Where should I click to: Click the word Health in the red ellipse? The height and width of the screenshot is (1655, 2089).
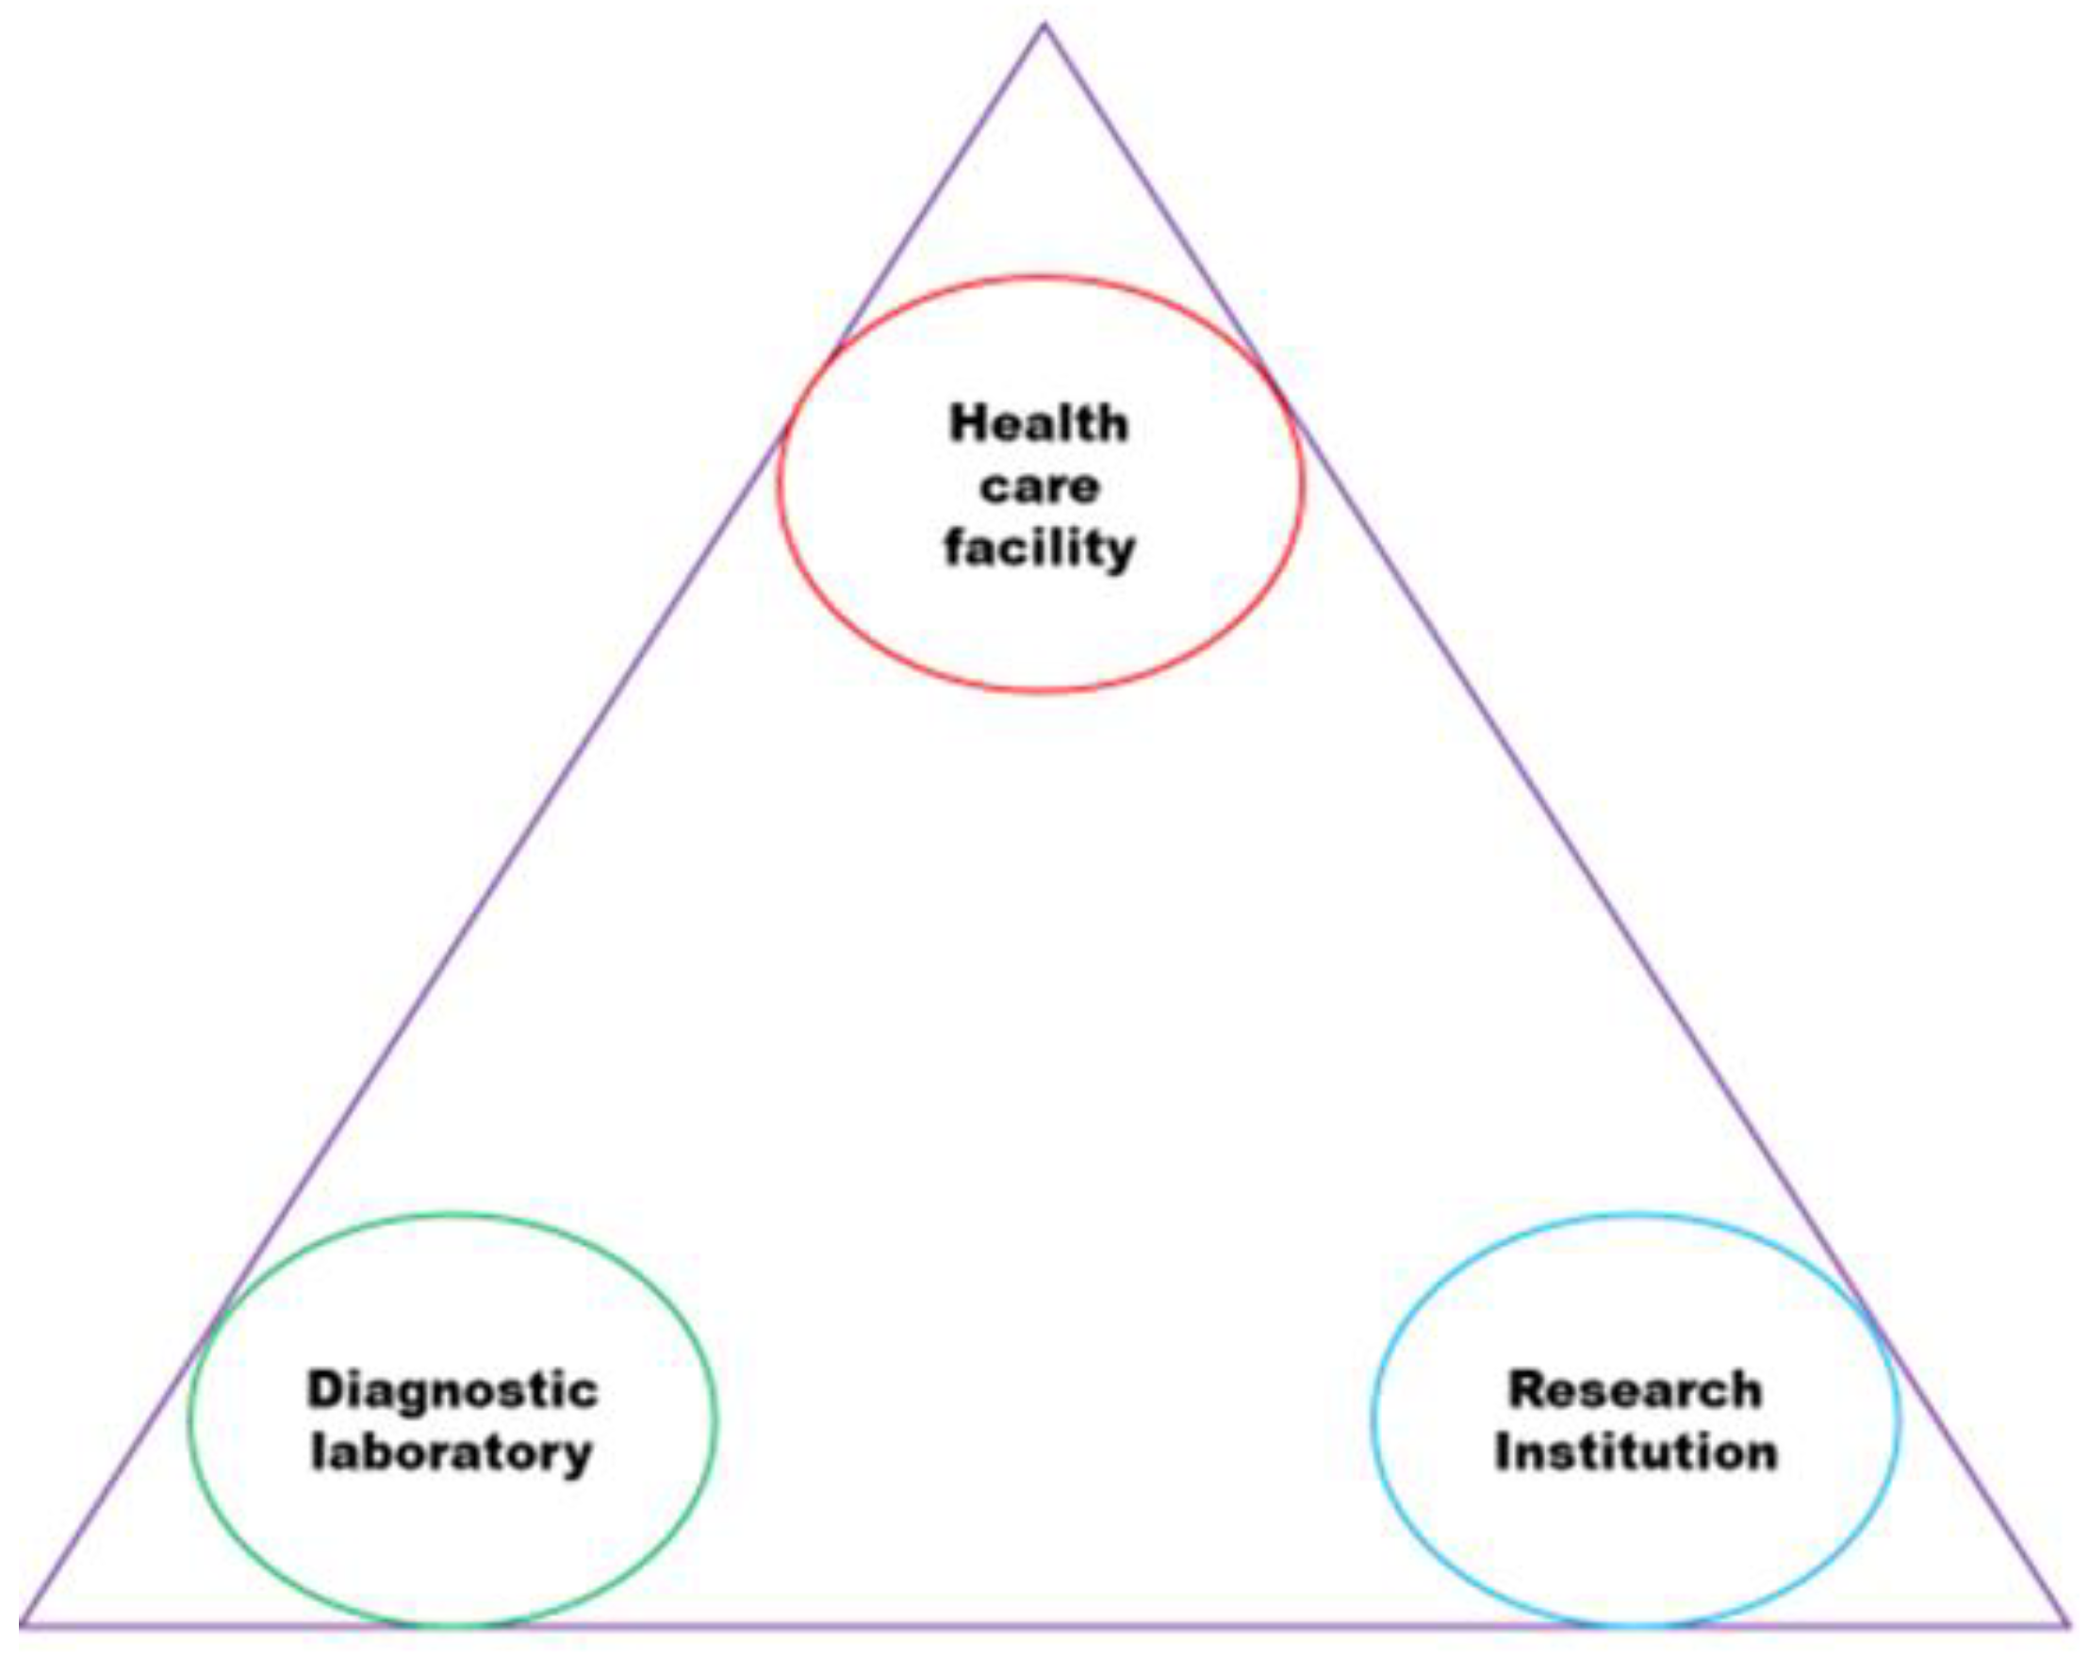[x=1039, y=424]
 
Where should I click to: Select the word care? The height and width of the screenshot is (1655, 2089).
[x=1039, y=486]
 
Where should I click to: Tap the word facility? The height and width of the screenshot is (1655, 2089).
[x=1039, y=549]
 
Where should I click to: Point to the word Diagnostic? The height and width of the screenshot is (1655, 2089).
[x=452, y=1391]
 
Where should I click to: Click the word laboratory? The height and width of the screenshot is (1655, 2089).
[x=452, y=1453]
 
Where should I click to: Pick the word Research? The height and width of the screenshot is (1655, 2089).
[x=1636, y=1390]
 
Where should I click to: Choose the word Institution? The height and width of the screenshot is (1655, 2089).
[x=1636, y=1453]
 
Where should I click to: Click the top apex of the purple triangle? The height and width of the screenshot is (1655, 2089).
[x=1044, y=25]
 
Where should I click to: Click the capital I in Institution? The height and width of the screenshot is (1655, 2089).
[x=1503, y=1453]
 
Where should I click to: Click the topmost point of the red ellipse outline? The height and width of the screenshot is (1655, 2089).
[x=1042, y=278]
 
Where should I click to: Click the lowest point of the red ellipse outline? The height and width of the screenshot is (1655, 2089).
[x=1042, y=691]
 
